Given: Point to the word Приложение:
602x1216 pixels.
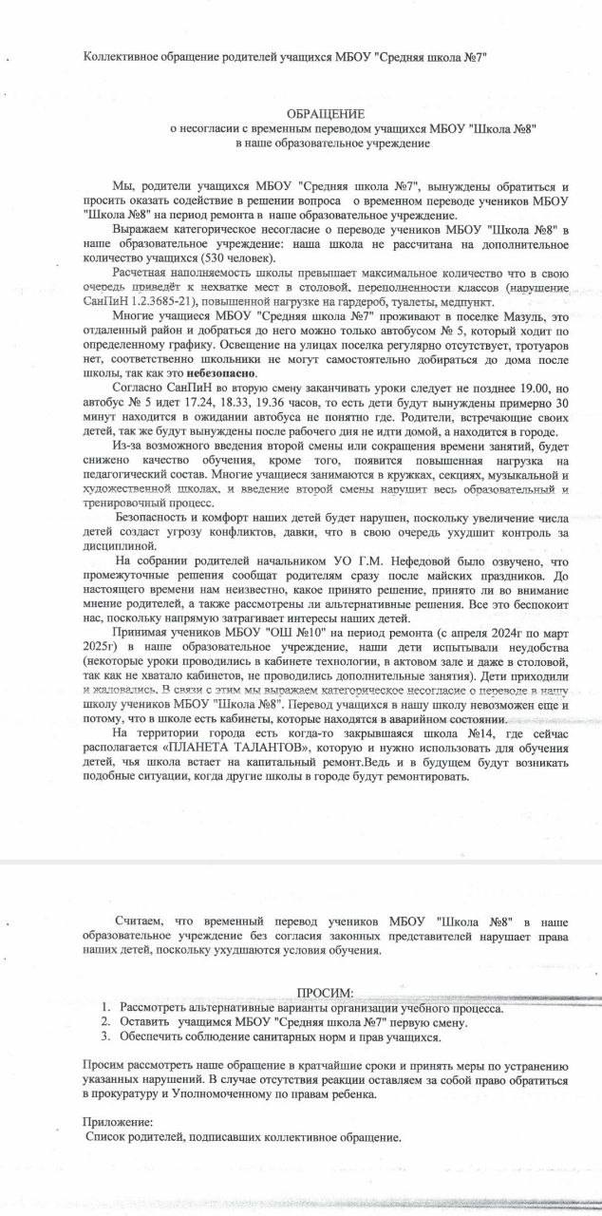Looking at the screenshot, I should click(x=118, y=1122).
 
